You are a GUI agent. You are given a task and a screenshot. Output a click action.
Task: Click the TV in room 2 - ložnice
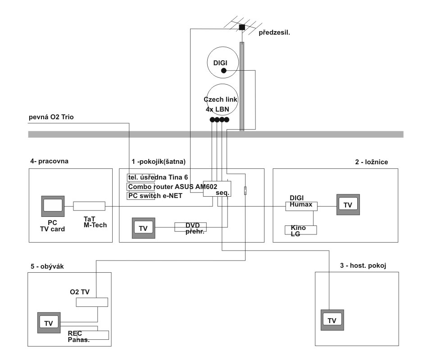tap(348, 205)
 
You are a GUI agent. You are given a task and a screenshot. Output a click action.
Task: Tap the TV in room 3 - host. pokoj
tap(332, 320)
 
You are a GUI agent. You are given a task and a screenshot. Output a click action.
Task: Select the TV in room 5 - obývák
tap(48, 323)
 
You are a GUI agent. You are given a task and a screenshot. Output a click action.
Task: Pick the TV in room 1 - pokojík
tap(143, 228)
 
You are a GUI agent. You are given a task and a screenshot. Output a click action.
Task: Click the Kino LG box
tap(301, 230)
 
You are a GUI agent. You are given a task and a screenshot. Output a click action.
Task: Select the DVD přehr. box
tap(190, 227)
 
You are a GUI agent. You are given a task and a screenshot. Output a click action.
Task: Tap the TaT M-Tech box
tap(89, 206)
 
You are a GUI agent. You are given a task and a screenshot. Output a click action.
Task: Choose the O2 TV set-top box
tap(92, 302)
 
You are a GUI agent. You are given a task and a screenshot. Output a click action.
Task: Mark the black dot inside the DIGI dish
tap(224, 70)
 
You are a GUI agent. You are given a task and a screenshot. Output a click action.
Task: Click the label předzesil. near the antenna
tap(274, 32)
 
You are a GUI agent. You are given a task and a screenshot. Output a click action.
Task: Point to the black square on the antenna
tap(242, 27)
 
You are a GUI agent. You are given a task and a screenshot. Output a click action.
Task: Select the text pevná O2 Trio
tap(51, 117)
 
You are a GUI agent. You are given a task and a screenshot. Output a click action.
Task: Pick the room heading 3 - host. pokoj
tap(364, 265)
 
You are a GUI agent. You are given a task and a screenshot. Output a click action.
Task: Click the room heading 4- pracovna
tap(49, 161)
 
